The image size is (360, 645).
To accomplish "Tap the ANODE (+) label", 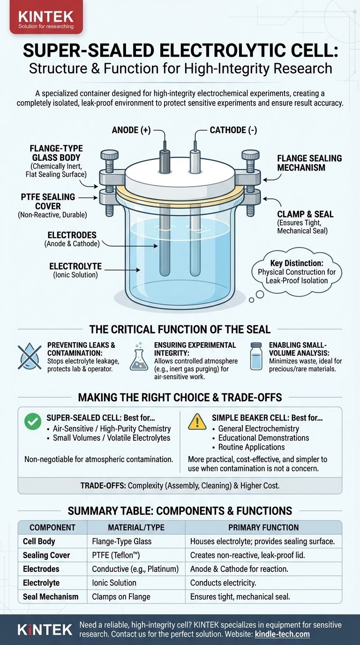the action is click(x=131, y=130).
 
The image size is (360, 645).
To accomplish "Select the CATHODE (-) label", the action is click(x=233, y=130).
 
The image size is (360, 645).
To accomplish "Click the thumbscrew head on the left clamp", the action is click(x=109, y=155).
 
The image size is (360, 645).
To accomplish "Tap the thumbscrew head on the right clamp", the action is click(x=251, y=155).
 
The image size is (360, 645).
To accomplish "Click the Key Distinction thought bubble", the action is click(x=297, y=271).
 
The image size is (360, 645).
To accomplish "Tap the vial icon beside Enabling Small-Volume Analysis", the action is click(x=256, y=356).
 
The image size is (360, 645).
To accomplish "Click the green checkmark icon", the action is click(x=33, y=421).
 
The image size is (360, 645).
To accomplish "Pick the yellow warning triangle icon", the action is click(x=197, y=421).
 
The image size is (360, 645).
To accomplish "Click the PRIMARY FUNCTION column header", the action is click(x=263, y=527).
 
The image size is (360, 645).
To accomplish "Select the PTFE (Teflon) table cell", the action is click(x=116, y=555).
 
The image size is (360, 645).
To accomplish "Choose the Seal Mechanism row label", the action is click(x=51, y=597).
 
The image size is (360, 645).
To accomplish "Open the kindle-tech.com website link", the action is click(x=282, y=634).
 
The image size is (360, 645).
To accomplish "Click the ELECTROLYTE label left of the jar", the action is click(x=75, y=266).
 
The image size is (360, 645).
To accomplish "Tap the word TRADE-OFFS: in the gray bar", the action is click(x=103, y=486).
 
